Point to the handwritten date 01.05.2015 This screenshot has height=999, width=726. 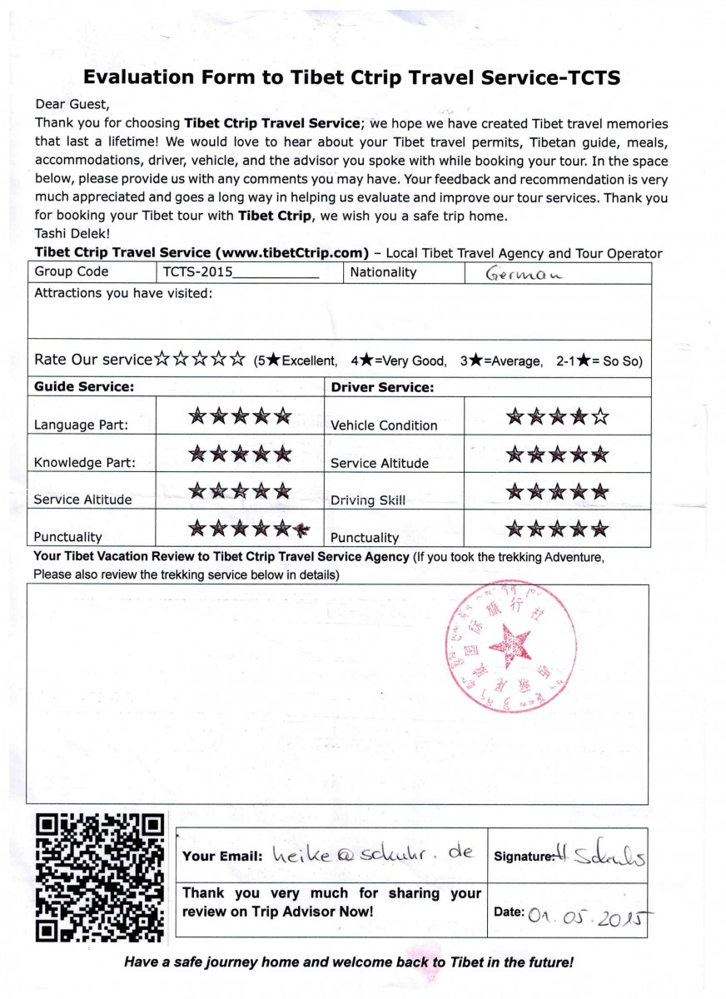587,913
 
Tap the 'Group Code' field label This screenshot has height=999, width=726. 72,272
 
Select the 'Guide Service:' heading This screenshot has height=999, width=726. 83,387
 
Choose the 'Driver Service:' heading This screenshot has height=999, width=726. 383,387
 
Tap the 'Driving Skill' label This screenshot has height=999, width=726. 368,500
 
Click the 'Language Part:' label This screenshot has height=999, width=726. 81,425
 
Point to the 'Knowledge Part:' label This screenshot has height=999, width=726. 84,463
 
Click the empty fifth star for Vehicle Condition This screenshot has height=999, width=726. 599,416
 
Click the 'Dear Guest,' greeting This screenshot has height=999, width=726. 72,105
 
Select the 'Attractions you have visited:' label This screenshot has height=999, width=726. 123,293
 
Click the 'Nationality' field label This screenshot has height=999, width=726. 383,272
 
